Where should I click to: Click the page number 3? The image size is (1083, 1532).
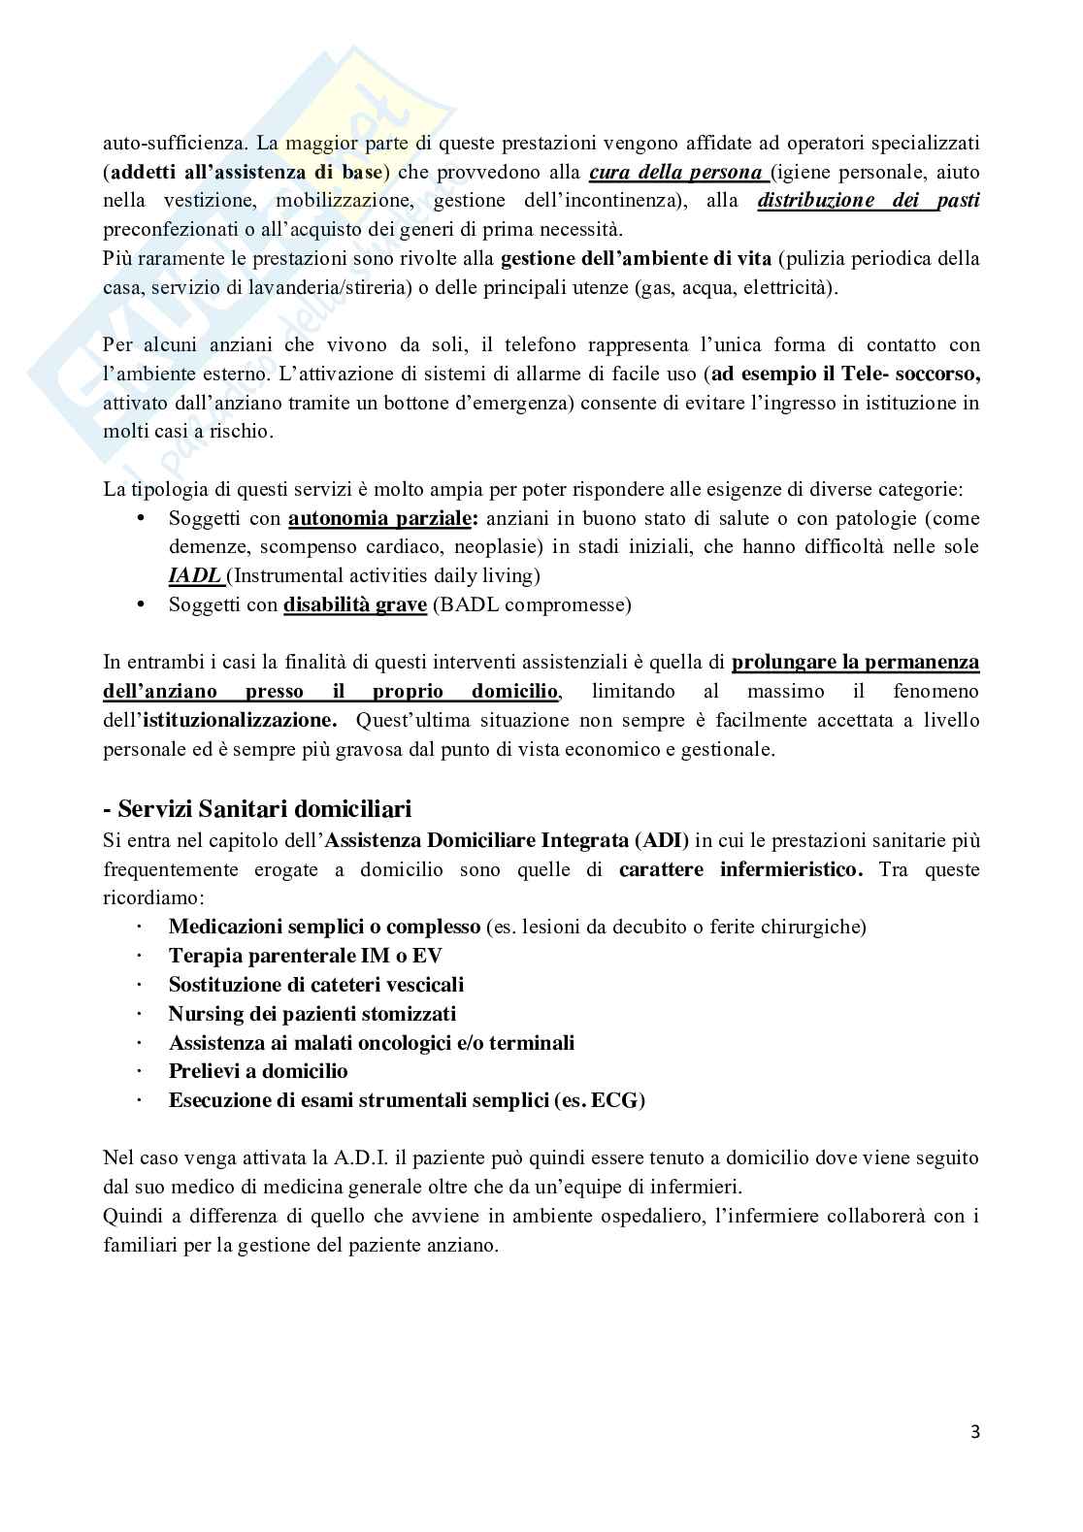pyautogui.click(x=974, y=1431)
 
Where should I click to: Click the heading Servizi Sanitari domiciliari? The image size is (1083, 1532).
pyautogui.click(x=257, y=808)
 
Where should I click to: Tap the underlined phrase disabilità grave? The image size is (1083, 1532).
pyautogui.click(x=355, y=604)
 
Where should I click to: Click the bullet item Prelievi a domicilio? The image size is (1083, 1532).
pyautogui.click(x=258, y=1071)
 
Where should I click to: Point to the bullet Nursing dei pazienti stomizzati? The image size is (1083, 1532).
pyautogui.click(x=312, y=1014)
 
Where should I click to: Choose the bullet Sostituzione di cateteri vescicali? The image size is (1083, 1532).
pyautogui.click(x=316, y=985)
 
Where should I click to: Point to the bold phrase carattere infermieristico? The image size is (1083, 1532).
pyautogui.click(x=740, y=869)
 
